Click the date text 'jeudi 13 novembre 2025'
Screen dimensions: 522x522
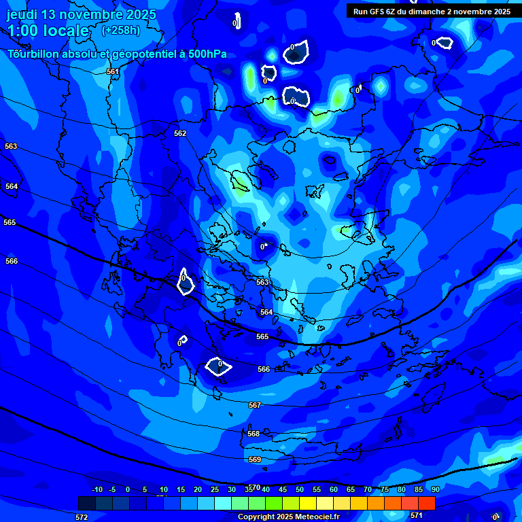[x=81, y=14]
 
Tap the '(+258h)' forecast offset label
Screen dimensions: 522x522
[x=121, y=30]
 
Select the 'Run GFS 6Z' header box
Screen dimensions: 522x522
[x=432, y=12]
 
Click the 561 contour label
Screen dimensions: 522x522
[x=113, y=71]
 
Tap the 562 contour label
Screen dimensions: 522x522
[x=180, y=133]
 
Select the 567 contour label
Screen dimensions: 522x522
[x=255, y=405]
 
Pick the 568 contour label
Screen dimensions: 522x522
[x=254, y=434]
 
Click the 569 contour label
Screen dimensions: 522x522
[x=255, y=460]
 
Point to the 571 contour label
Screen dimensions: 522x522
[x=417, y=515]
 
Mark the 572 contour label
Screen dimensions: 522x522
[x=82, y=517]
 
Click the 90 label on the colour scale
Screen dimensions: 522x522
[x=435, y=489]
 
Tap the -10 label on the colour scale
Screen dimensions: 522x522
[x=97, y=489]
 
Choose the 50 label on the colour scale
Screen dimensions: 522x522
[x=299, y=489]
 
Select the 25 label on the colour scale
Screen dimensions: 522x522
[x=214, y=489]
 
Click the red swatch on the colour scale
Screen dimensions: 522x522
[x=426, y=503]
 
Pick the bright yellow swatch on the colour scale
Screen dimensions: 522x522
[x=307, y=503]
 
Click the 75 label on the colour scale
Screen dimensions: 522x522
[x=385, y=489]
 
